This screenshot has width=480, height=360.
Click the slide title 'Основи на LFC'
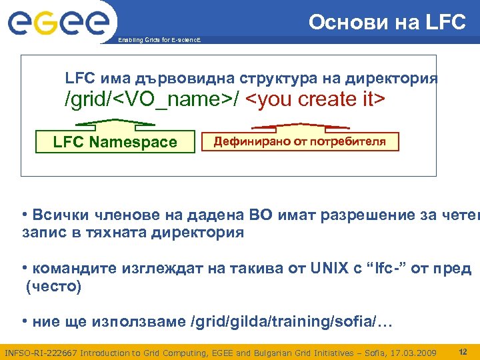coord(387,22)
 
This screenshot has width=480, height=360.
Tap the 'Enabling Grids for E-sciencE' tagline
coord(159,41)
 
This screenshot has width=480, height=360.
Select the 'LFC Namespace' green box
coord(115,142)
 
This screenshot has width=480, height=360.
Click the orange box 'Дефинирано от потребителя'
coord(299,141)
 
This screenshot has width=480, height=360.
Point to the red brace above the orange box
coord(299,125)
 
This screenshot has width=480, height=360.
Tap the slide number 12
coord(463,351)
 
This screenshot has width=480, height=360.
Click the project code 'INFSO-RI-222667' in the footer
coord(39,352)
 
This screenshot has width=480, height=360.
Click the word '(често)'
coord(53,287)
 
